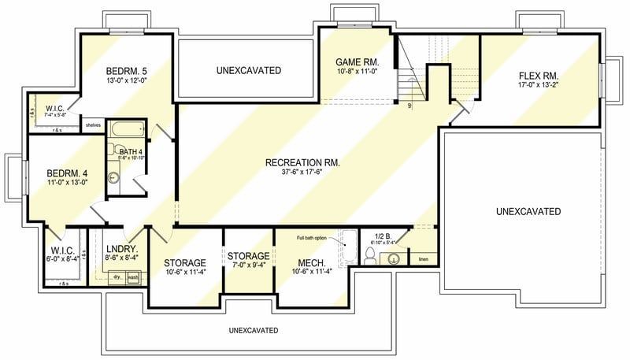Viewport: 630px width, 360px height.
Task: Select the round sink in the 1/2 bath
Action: coord(395,258)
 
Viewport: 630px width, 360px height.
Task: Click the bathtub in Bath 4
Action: coord(126,129)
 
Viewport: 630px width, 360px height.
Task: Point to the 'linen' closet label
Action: coord(423,259)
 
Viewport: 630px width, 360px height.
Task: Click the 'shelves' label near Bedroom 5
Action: coord(93,124)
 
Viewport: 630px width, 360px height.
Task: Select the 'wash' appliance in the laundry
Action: coord(133,277)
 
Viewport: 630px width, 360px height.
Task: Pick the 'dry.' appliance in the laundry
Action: coord(117,277)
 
